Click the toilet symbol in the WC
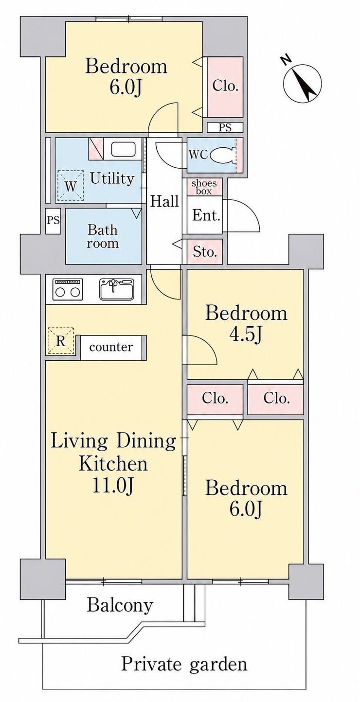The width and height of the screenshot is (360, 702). [222, 155]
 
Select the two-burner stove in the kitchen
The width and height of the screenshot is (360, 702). [68, 289]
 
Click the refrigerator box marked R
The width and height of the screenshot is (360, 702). [61, 341]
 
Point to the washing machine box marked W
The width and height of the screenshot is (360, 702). [71, 186]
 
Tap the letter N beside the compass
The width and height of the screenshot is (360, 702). [286, 59]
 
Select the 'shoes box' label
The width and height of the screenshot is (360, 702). [204, 187]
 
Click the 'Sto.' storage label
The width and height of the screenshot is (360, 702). [204, 251]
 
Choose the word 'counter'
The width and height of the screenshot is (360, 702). [111, 347]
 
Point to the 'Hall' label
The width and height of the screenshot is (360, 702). [164, 201]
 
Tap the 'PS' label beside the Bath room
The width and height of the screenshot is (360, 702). [54, 220]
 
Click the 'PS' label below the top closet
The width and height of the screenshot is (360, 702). [225, 127]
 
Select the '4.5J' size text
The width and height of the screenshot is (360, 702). [246, 334]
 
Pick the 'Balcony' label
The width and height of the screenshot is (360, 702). [120, 605]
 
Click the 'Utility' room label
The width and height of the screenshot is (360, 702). [112, 178]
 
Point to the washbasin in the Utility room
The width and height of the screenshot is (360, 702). [123, 150]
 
